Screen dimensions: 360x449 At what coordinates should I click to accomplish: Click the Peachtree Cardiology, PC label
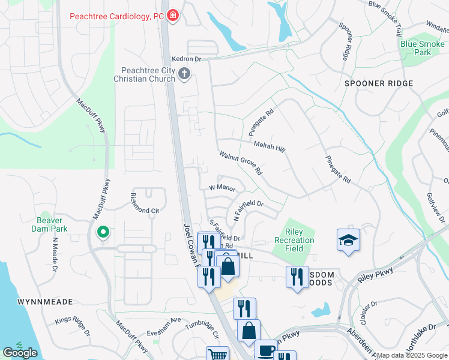pos(116,16)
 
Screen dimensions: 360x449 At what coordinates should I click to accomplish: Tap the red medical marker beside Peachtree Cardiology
pos(173,16)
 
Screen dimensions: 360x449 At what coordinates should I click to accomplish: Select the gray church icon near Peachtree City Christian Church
pos(184,74)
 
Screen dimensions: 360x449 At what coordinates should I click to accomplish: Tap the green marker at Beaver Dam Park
pos(103,232)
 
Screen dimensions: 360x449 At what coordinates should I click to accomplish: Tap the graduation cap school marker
pos(348,240)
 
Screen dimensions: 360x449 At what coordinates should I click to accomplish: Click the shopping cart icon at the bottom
pos(217,355)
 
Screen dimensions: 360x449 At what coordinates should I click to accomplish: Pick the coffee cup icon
pos(265,350)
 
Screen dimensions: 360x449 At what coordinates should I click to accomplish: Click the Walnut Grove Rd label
pos(241,163)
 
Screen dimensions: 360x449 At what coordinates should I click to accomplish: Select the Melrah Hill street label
pos(269,146)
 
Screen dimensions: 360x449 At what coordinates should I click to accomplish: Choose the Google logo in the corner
pos(20,353)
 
